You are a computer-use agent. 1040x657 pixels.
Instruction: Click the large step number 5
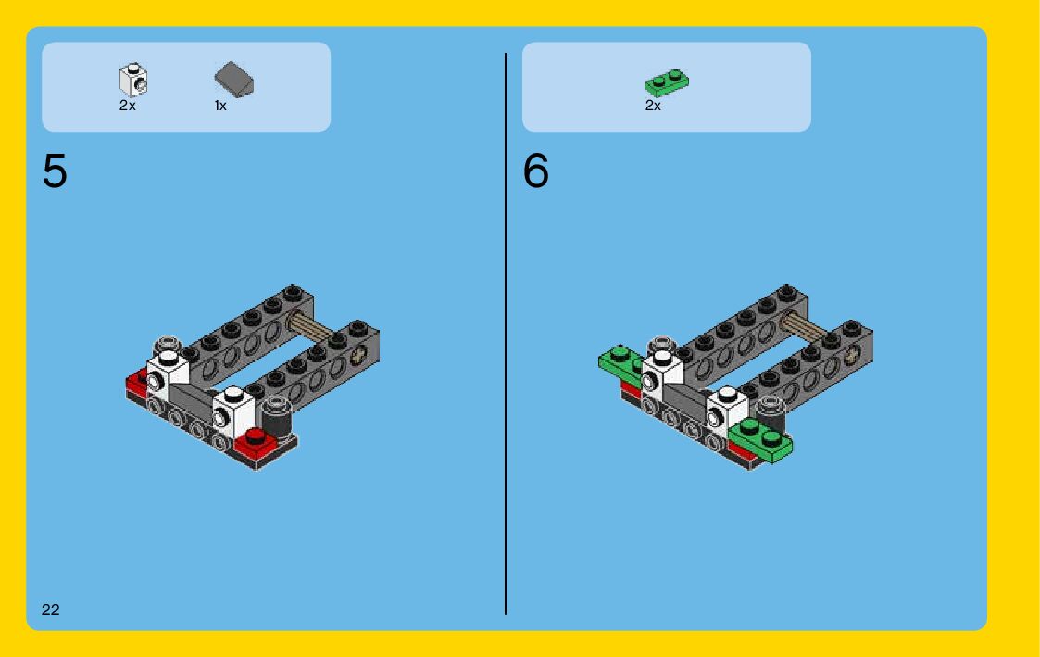(55, 171)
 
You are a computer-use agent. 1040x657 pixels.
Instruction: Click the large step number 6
(536, 171)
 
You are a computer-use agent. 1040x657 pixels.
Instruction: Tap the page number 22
(50, 610)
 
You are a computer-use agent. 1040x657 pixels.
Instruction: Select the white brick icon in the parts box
(133, 81)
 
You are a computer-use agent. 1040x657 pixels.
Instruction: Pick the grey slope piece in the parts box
(233, 80)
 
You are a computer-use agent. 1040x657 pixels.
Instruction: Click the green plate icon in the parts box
(667, 83)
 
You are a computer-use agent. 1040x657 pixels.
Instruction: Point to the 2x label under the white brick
(128, 106)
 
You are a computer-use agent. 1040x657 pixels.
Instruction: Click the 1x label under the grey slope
(220, 106)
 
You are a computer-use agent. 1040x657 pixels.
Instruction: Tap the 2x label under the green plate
(653, 106)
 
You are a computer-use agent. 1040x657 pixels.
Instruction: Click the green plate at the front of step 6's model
(760, 438)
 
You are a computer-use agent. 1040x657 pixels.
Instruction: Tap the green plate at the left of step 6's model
(621, 363)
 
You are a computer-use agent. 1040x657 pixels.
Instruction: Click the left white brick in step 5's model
(167, 373)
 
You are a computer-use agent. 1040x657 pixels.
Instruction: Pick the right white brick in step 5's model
(233, 411)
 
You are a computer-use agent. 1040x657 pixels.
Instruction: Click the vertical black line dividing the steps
(506, 334)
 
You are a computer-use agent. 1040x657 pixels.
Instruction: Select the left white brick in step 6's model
(662, 373)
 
